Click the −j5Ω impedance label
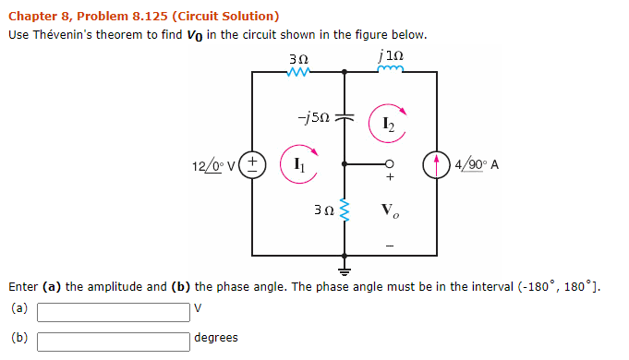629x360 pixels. pos(309,118)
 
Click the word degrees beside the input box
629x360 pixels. pos(216,338)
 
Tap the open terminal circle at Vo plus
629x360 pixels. pos(390,165)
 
